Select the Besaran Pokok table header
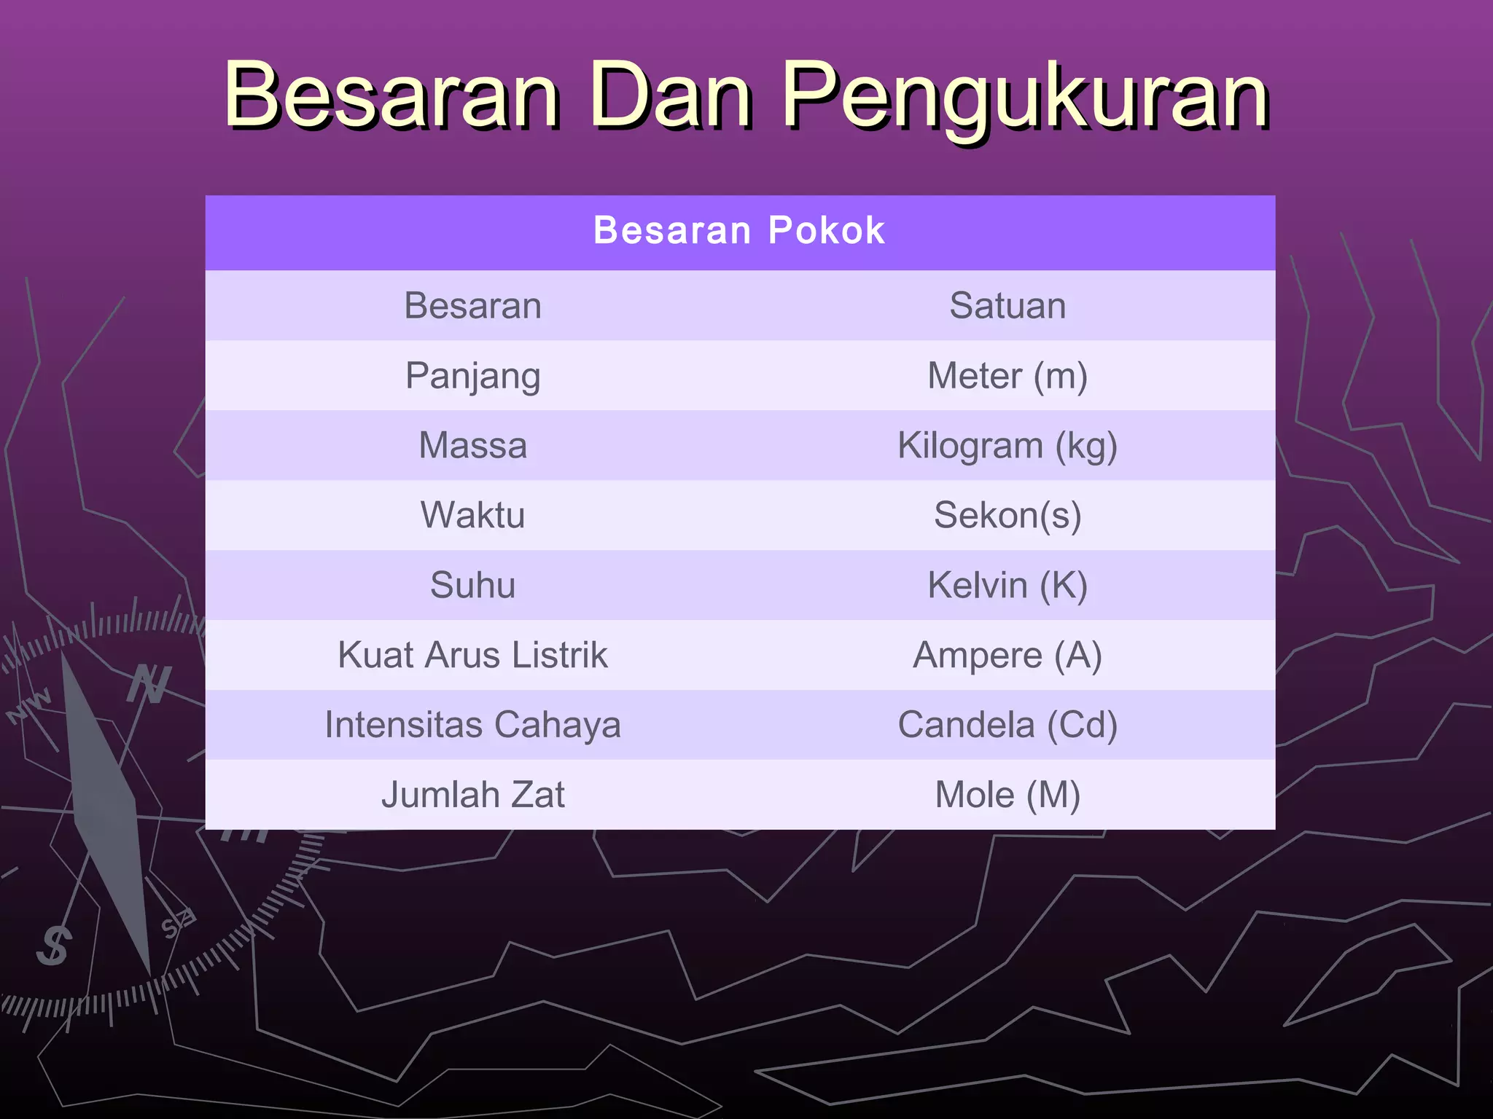[739, 231]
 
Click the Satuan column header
[1007, 305]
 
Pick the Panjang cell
[472, 376]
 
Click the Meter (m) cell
[1007, 376]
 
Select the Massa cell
[472, 445]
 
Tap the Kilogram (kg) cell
[1007, 445]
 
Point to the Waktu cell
[472, 515]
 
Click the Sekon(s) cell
[1007, 515]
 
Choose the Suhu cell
[472, 585]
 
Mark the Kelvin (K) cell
[1007, 585]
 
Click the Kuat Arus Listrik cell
[472, 655]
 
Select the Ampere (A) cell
[1007, 655]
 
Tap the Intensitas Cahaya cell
[472, 725]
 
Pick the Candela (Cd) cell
[1007, 725]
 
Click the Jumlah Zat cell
[472, 795]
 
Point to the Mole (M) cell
[1007, 795]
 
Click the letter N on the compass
[149, 685]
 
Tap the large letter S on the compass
[54, 946]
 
